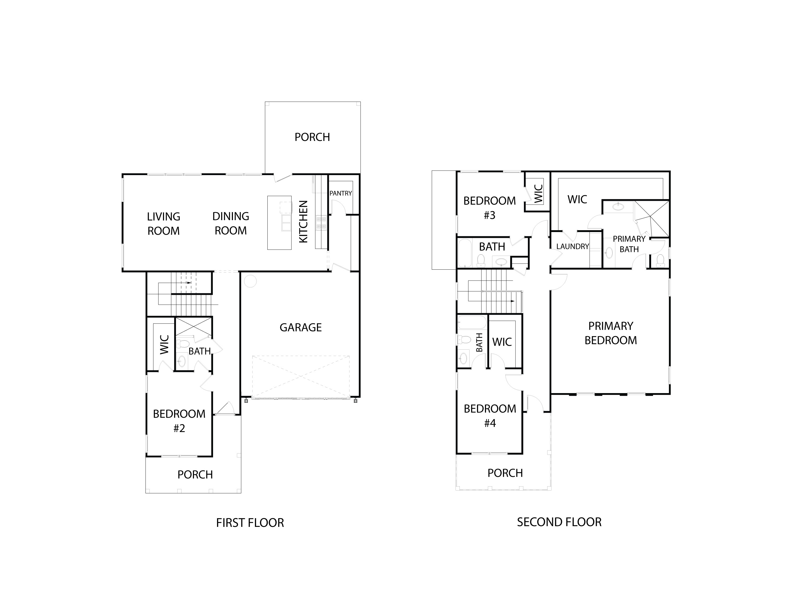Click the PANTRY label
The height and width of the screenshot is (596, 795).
tap(340, 193)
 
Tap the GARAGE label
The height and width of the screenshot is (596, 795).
tap(301, 327)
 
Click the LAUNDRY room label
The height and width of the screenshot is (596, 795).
tap(572, 246)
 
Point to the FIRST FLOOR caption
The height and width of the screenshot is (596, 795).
tap(250, 523)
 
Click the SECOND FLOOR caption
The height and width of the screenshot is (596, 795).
tap(559, 522)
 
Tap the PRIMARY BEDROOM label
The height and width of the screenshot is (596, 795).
tap(610, 333)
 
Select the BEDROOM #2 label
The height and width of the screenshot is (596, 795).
tap(179, 421)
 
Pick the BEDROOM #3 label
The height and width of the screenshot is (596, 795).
tap(489, 208)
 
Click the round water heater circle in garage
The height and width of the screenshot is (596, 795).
tap(250, 281)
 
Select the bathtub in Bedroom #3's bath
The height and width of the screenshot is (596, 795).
tap(465, 253)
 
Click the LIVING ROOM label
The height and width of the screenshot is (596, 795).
tap(164, 224)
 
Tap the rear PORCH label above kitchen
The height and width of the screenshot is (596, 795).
tap(312, 137)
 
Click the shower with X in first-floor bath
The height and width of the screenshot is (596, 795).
tap(193, 326)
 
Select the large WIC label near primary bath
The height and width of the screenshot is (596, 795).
tap(577, 199)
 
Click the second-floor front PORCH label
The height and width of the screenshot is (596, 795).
tap(505, 473)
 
